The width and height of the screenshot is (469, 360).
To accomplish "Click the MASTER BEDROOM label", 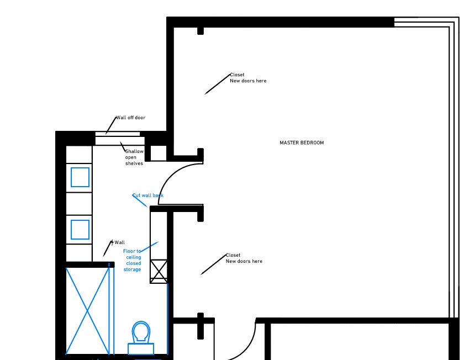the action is coord(302,143).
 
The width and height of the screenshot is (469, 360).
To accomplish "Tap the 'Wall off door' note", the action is coord(130,118).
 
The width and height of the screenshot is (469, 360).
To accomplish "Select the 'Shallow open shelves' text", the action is coord(134,157).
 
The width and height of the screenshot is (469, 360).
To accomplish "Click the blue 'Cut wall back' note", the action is coord(148,195).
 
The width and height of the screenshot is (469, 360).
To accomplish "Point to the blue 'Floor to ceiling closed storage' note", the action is coord(132,260).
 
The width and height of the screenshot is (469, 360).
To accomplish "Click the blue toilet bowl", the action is coord(141,332).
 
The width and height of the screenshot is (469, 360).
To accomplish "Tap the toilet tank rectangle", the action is coord(141,349).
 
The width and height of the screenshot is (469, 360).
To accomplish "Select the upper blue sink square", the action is coord(80,177).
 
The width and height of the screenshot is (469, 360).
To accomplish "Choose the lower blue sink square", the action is coord(80,230).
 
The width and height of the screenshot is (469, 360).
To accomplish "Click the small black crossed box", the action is coord(159,271).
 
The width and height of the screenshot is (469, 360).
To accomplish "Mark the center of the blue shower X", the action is coord(87,311).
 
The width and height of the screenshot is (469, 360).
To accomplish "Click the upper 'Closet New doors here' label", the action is coord(248,78).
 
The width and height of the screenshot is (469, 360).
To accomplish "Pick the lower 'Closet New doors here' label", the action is coord(244,258).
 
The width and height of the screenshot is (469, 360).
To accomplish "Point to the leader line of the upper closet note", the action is coord(218,84).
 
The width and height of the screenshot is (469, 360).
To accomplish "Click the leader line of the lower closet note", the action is coord(214,264).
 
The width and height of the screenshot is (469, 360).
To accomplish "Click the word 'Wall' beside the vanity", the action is coord(120,242).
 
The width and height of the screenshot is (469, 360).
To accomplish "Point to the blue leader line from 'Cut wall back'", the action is coord(140,200).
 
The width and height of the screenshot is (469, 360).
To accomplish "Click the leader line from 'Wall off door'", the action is coord(111,125).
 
